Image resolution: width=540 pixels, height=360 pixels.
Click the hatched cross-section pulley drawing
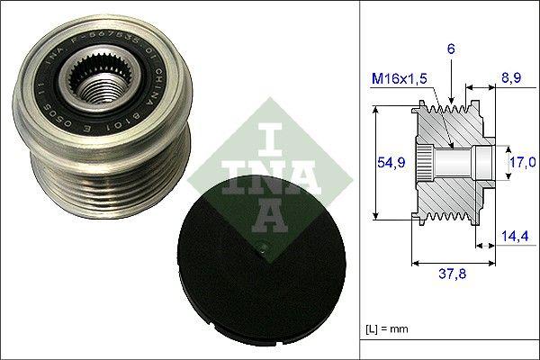450,163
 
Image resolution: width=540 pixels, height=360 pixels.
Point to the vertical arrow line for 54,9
375,162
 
